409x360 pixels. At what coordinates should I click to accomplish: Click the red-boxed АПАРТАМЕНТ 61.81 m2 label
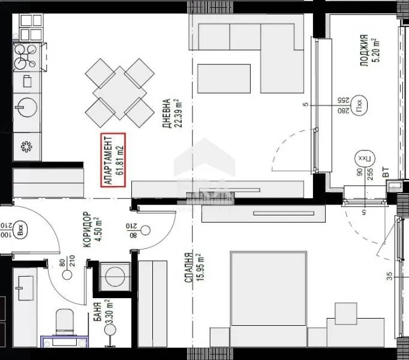click(x=113, y=158)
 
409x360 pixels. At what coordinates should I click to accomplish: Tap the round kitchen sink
click(x=26, y=107)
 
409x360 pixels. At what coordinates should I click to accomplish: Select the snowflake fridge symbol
click(x=26, y=145)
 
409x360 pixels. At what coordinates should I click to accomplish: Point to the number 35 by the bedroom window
click(x=390, y=277)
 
